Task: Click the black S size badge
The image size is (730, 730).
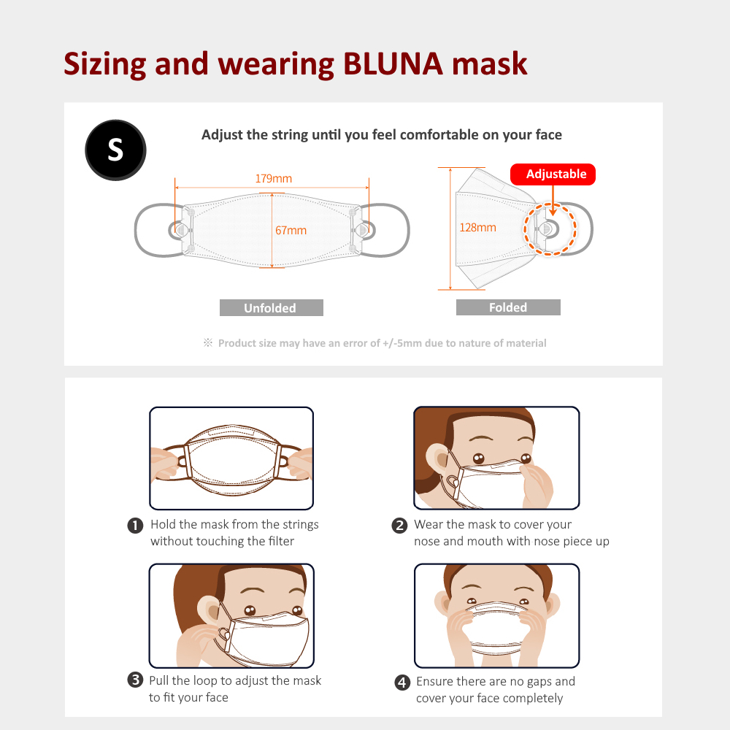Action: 115,150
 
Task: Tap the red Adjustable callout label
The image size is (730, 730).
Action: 553,174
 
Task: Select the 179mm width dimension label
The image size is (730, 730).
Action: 273,178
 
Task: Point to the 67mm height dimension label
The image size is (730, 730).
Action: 291,230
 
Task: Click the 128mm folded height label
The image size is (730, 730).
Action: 477,227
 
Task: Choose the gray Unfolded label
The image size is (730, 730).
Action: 272,308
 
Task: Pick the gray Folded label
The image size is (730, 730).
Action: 508,307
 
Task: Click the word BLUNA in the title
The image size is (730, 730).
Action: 393,64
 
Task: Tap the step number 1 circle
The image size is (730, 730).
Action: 135,526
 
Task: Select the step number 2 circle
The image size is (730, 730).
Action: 399,526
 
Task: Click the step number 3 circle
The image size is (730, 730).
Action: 135,680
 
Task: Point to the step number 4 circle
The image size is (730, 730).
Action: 402,683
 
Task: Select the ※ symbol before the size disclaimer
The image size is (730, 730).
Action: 207,342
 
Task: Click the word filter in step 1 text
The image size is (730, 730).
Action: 281,541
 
